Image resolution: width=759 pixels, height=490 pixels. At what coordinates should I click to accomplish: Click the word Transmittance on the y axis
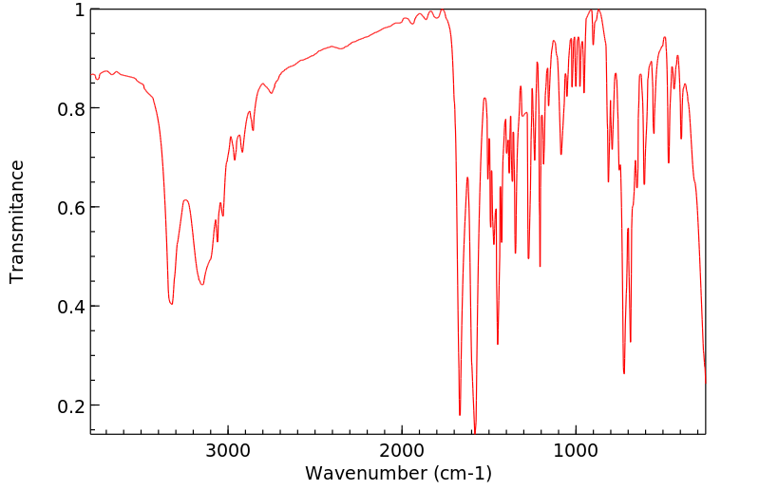click(x=17, y=221)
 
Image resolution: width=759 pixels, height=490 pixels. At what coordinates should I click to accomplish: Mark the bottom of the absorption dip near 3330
click(x=171, y=304)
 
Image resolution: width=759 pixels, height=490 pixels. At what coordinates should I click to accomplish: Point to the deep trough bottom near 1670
click(x=460, y=415)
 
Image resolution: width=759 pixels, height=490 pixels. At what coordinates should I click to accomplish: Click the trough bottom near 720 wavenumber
click(x=624, y=373)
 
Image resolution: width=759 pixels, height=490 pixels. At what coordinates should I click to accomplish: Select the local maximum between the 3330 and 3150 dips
click(x=186, y=199)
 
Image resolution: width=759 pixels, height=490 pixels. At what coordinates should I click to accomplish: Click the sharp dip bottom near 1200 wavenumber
click(x=541, y=267)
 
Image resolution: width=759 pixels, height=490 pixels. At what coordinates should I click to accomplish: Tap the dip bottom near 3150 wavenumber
click(x=201, y=284)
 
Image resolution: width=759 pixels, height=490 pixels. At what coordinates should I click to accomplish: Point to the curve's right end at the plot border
click(x=705, y=382)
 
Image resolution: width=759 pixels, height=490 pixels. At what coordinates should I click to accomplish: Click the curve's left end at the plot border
click(x=91, y=74)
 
